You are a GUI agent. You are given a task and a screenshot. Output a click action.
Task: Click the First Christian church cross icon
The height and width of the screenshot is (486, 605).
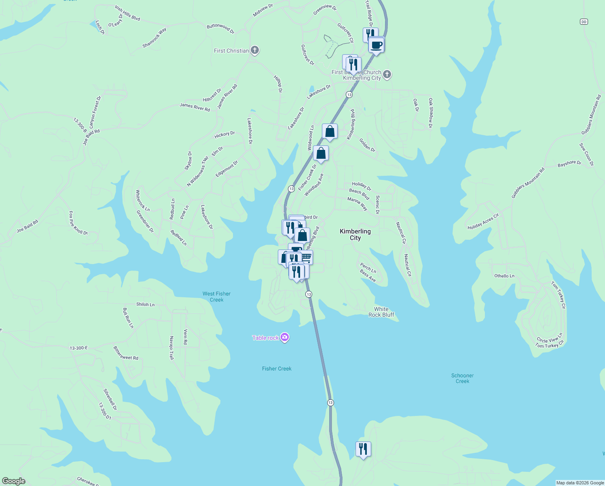[254, 50]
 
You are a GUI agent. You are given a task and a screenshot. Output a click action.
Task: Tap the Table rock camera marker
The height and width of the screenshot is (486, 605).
[285, 337]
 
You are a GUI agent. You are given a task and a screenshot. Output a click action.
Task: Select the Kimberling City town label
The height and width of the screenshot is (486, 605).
[355, 234]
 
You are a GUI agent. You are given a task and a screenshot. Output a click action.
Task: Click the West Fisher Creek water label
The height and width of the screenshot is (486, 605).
[216, 296]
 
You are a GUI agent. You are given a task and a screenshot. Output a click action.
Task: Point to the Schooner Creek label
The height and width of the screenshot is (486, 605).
[462, 378]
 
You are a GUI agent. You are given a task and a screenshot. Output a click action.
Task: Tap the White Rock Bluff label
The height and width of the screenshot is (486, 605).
[381, 312]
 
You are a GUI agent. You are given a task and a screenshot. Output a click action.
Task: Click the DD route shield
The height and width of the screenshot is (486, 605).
[584, 21]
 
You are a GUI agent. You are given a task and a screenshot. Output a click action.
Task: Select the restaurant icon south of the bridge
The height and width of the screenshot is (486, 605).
[363, 449]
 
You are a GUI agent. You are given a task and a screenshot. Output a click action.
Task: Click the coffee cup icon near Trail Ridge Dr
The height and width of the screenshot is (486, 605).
[376, 45]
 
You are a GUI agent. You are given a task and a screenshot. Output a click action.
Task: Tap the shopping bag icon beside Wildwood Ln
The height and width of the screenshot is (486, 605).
[330, 132]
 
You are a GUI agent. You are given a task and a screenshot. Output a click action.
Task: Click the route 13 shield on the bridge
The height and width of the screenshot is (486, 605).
[330, 403]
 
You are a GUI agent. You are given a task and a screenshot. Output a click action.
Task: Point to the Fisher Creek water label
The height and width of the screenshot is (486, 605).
[277, 369]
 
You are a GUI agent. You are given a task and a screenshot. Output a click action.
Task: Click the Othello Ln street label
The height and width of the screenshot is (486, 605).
[504, 276]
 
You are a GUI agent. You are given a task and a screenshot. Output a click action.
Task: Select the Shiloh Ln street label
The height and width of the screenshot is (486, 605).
[145, 305]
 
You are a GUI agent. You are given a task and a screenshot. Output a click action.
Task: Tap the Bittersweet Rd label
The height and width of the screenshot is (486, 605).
[126, 353]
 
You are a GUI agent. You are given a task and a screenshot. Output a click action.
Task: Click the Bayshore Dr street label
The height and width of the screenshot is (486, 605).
[569, 164]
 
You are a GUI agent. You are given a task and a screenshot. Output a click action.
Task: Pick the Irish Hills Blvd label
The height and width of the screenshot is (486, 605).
[127, 13]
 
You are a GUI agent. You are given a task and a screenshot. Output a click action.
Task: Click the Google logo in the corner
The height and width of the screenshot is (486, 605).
[14, 481]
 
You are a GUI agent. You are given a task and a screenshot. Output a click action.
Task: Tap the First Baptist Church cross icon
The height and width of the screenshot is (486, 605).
[387, 74]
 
